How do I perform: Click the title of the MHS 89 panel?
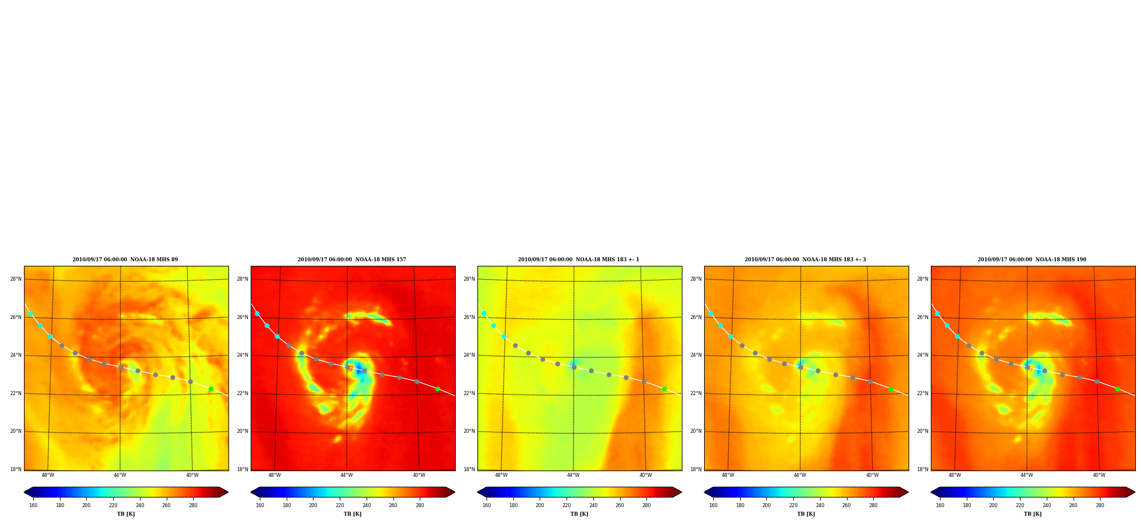click(x=125, y=260)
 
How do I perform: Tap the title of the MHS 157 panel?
click(x=352, y=260)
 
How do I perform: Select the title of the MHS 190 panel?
click(x=1032, y=260)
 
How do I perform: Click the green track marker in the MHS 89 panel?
click(x=211, y=389)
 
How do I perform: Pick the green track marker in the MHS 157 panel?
click(x=437, y=389)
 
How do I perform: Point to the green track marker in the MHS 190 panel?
click(x=1118, y=389)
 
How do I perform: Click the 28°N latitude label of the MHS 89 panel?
click(x=16, y=279)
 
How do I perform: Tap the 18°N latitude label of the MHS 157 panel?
click(x=243, y=469)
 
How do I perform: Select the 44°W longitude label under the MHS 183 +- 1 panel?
click(x=573, y=475)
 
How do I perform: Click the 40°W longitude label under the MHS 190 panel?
click(x=1099, y=475)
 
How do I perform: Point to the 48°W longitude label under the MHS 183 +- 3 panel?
click(x=728, y=475)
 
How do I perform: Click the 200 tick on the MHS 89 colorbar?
click(x=86, y=505)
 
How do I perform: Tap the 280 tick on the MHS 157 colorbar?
click(x=420, y=505)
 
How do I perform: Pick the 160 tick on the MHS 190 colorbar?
click(x=940, y=505)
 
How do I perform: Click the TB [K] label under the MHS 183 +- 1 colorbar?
click(x=579, y=514)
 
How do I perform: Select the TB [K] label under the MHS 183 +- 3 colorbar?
click(x=806, y=514)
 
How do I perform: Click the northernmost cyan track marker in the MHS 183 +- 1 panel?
click(x=484, y=314)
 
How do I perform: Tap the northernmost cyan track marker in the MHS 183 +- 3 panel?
click(x=710, y=314)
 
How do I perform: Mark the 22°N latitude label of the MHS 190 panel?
click(x=923, y=393)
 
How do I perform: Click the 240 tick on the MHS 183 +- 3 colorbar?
click(x=820, y=505)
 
